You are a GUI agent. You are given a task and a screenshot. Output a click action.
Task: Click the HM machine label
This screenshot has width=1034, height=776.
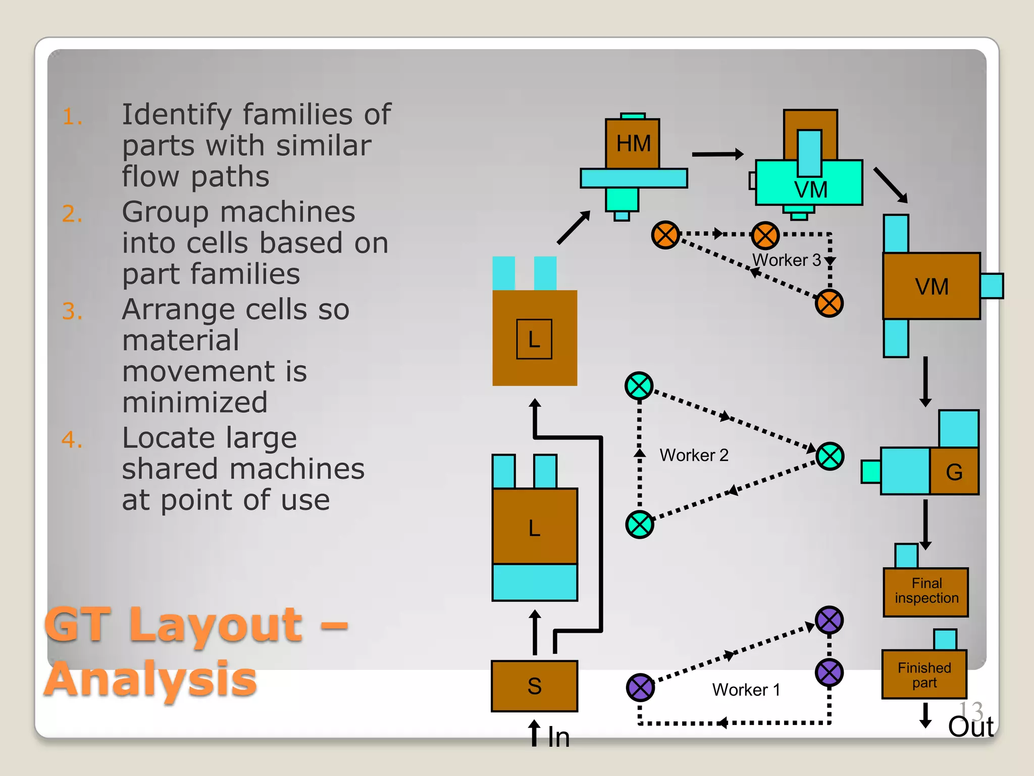click(x=633, y=143)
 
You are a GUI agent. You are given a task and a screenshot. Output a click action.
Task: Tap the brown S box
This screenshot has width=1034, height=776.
click(x=534, y=686)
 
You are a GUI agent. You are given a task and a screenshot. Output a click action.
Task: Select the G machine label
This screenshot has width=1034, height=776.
click(x=954, y=472)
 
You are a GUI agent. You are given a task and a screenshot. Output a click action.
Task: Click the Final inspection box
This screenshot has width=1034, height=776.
click(x=926, y=592)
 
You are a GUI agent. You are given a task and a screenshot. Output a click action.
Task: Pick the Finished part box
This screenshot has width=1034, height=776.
click(x=924, y=675)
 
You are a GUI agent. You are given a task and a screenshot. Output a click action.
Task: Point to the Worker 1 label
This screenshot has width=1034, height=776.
click(x=746, y=690)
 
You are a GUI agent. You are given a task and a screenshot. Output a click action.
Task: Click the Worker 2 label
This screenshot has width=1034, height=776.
click(x=694, y=455)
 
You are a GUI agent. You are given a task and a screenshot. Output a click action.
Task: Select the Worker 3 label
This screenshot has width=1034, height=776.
click(x=786, y=260)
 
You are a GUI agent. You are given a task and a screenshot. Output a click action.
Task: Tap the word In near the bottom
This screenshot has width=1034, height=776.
click(x=559, y=738)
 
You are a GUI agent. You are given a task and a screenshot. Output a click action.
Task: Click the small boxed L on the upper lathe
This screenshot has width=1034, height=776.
click(x=534, y=339)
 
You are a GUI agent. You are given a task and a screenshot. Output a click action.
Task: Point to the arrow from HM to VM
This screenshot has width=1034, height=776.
click(x=717, y=154)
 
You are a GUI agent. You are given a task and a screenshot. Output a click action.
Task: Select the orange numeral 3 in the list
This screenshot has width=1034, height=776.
click(x=72, y=311)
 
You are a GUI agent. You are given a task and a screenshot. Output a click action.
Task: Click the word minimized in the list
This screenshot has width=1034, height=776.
click(x=194, y=403)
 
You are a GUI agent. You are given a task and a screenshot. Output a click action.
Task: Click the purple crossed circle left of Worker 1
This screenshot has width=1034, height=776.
click(x=640, y=687)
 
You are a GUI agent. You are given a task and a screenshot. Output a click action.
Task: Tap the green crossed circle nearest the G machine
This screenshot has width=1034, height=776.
click(x=830, y=456)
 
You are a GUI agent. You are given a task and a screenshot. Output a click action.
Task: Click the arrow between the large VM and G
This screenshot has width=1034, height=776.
click(x=925, y=381)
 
